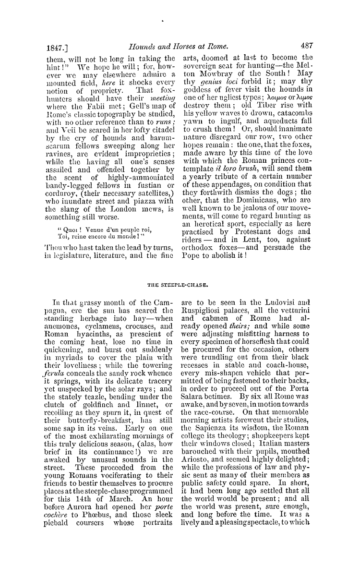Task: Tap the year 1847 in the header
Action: coord(52,48)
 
